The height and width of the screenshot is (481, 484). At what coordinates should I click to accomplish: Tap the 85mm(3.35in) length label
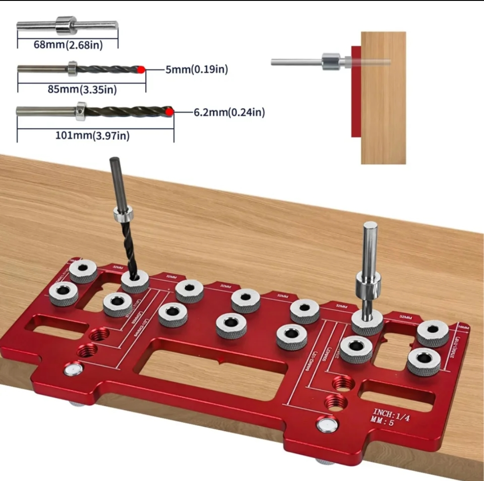[82, 90]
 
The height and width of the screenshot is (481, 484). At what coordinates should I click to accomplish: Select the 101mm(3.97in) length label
[92, 135]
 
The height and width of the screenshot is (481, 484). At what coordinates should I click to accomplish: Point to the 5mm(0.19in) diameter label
[196, 70]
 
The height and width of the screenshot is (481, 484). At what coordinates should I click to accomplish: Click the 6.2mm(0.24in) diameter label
[229, 113]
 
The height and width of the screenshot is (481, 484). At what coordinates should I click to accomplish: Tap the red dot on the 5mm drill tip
[141, 69]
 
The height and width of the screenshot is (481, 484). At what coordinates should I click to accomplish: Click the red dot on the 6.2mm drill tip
[169, 112]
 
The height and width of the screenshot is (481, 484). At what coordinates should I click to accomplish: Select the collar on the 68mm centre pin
[66, 26]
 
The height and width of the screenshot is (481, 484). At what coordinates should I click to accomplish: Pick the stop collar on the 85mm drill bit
[73, 69]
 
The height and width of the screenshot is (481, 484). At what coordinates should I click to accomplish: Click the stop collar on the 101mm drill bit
[81, 111]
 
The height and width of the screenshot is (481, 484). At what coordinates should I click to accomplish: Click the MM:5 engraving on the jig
[383, 421]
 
